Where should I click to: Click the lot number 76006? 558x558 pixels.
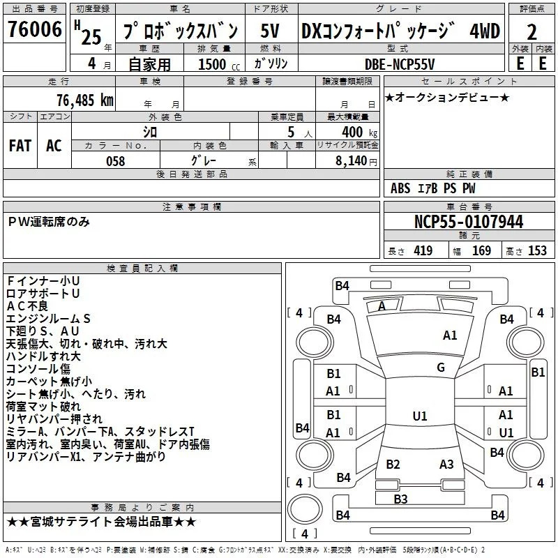(34, 29)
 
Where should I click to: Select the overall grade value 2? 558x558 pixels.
(531, 33)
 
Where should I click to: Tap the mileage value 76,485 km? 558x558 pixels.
(85, 100)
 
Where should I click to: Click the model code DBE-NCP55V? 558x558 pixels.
(400, 64)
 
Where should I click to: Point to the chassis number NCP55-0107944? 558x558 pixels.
(469, 222)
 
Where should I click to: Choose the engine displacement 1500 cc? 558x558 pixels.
(219, 64)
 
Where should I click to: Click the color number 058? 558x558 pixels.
(116, 161)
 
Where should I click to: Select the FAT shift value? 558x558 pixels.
(20, 146)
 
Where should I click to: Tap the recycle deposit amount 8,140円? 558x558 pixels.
(356, 161)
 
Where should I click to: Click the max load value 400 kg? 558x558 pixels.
(359, 132)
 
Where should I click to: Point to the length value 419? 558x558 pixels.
(423, 251)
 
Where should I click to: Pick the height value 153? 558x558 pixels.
(537, 251)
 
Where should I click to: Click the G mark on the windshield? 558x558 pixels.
(441, 368)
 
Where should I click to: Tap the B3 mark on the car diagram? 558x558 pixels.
(400, 499)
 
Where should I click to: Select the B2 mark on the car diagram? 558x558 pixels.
(393, 465)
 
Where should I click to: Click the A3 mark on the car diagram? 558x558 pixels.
(446, 465)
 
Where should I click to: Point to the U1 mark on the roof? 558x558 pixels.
(420, 416)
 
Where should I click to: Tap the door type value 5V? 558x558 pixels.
(270, 31)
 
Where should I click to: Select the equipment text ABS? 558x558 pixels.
(400, 188)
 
